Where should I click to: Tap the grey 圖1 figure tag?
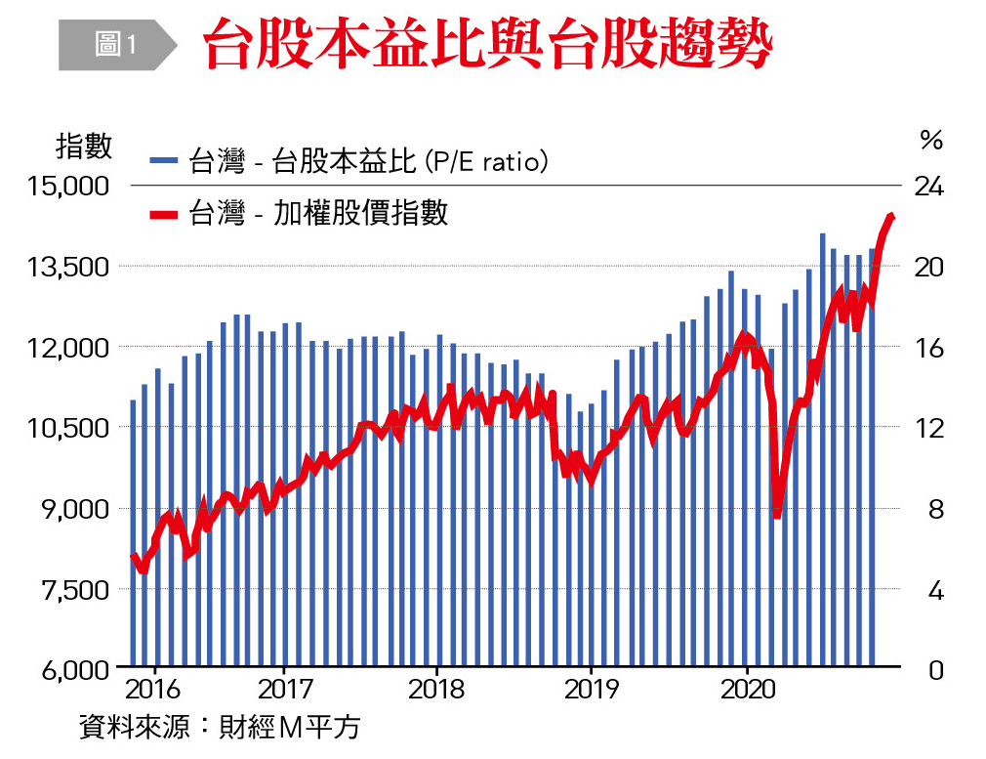tap(115, 45)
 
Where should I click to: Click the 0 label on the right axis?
tap(935, 671)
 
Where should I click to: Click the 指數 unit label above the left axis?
tap(84, 147)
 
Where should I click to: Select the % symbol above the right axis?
tap(931, 141)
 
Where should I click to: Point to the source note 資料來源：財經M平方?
tap(220, 728)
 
